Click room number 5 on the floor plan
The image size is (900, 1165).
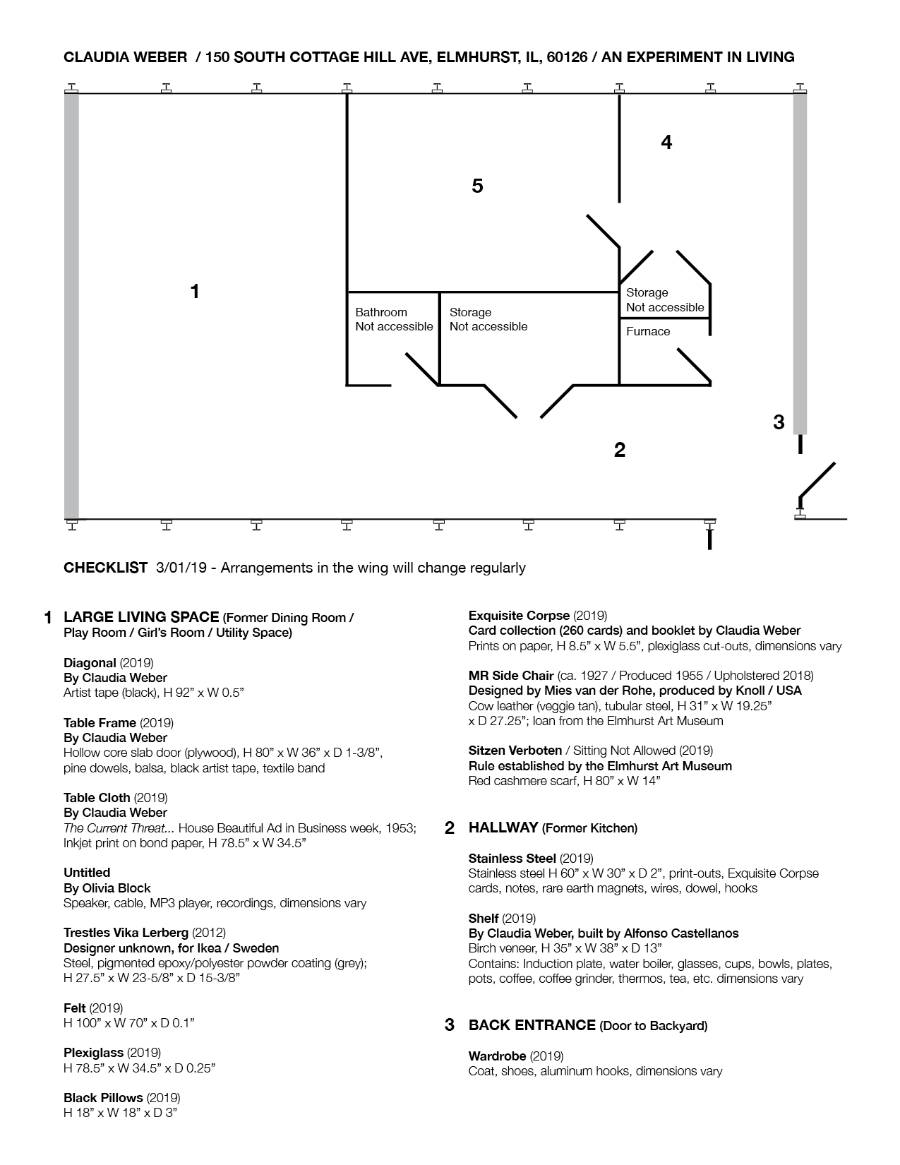[x=477, y=186]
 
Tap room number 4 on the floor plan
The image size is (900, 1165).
[x=666, y=143]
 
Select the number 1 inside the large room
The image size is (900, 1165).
[x=195, y=291]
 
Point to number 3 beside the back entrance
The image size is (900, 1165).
[x=779, y=422]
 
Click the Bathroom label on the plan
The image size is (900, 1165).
[x=381, y=312]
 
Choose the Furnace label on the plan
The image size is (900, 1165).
[x=648, y=331]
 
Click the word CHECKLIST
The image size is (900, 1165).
[x=105, y=568]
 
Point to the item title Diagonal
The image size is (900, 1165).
[x=90, y=662]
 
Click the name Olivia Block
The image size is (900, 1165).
[x=116, y=888]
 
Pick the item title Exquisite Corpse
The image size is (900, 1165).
[x=519, y=615]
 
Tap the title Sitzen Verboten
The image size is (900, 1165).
[x=515, y=750]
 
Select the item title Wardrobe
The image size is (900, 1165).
[x=497, y=1056]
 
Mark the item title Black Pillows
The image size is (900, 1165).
[x=103, y=1098]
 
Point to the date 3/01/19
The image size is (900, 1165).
[x=181, y=568]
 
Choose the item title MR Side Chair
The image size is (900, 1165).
[x=511, y=676]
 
